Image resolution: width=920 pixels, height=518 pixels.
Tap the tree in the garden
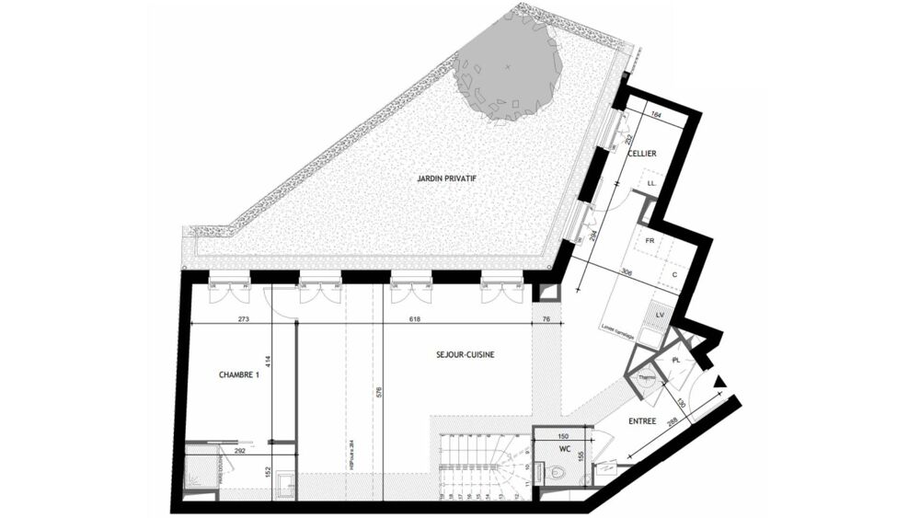coord(508,70)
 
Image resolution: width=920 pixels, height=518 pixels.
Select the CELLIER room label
coord(642,154)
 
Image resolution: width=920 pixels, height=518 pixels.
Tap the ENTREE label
coord(642,421)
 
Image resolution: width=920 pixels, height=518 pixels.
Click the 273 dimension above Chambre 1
coord(244,320)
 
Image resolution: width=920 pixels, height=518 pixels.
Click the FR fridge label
coord(650,241)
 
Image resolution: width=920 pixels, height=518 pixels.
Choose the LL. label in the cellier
coord(652,183)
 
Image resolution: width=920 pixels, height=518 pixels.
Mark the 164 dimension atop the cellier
coord(655,115)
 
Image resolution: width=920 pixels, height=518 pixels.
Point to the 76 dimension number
coord(546,320)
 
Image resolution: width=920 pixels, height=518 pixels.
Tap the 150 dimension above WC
coord(563,436)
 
